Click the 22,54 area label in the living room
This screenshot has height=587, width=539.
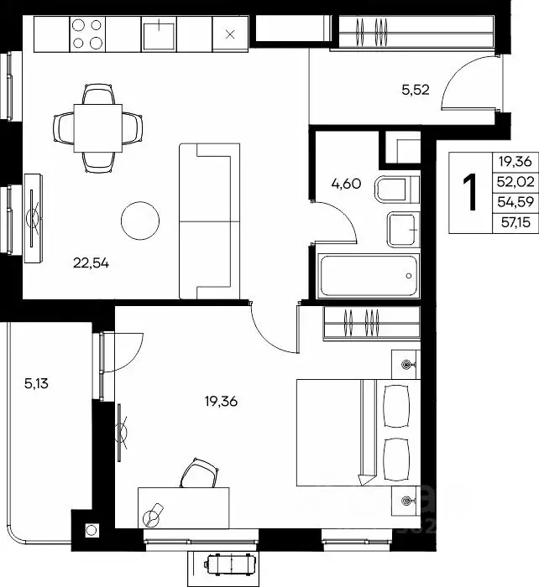pyautogui.click(x=91, y=263)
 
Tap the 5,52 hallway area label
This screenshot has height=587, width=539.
pyautogui.click(x=416, y=90)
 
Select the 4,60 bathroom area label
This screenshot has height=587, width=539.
pyautogui.click(x=347, y=184)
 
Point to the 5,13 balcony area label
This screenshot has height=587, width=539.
pyautogui.click(x=36, y=384)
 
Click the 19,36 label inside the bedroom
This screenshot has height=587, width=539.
pyautogui.click(x=221, y=402)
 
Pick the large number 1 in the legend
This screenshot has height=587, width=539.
pyautogui.click(x=470, y=193)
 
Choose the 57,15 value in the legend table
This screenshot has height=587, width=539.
pyautogui.click(x=515, y=223)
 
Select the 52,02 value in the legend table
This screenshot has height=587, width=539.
pyautogui.click(x=515, y=182)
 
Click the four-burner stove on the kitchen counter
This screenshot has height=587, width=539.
pyautogui.click(x=87, y=34)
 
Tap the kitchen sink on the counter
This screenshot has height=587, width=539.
pyautogui.click(x=159, y=34)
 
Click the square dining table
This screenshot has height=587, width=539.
pyautogui.click(x=98, y=128)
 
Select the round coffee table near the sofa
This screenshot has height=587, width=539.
pyautogui.click(x=140, y=221)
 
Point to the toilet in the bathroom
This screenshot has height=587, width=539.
pyautogui.click(x=396, y=189)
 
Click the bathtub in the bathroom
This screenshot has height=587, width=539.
pyautogui.click(x=369, y=276)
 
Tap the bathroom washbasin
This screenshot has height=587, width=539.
pyautogui.click(x=403, y=230)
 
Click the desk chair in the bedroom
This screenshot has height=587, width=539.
pyautogui.click(x=200, y=473)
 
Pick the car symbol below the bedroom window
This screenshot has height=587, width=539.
pyautogui.click(x=230, y=563)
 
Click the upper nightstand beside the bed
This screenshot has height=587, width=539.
pyautogui.click(x=406, y=365)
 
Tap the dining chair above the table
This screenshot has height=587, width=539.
pyautogui.click(x=98, y=94)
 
